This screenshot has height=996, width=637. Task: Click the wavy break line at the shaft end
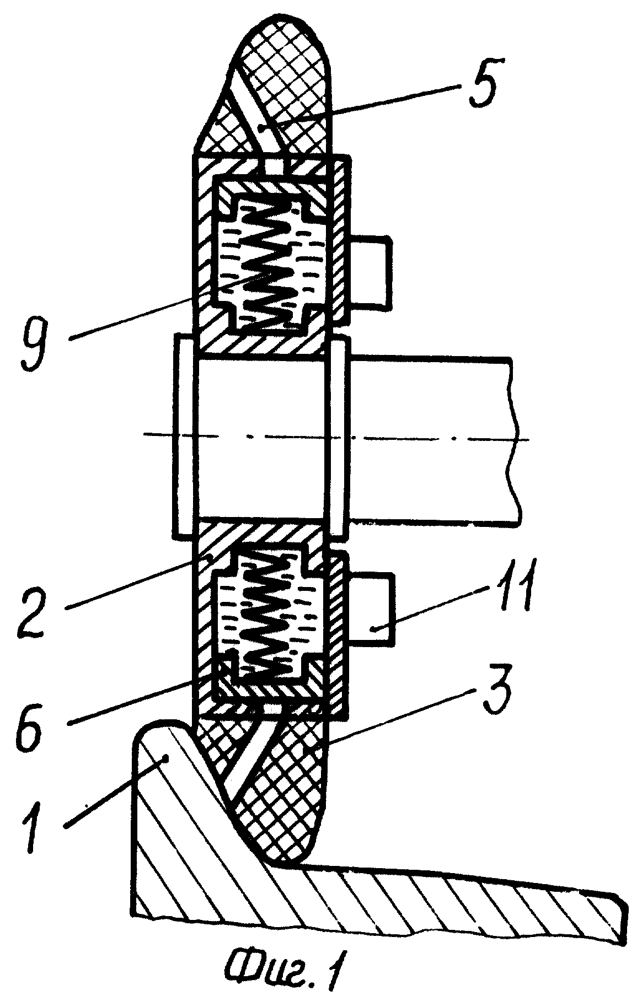[513, 439]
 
